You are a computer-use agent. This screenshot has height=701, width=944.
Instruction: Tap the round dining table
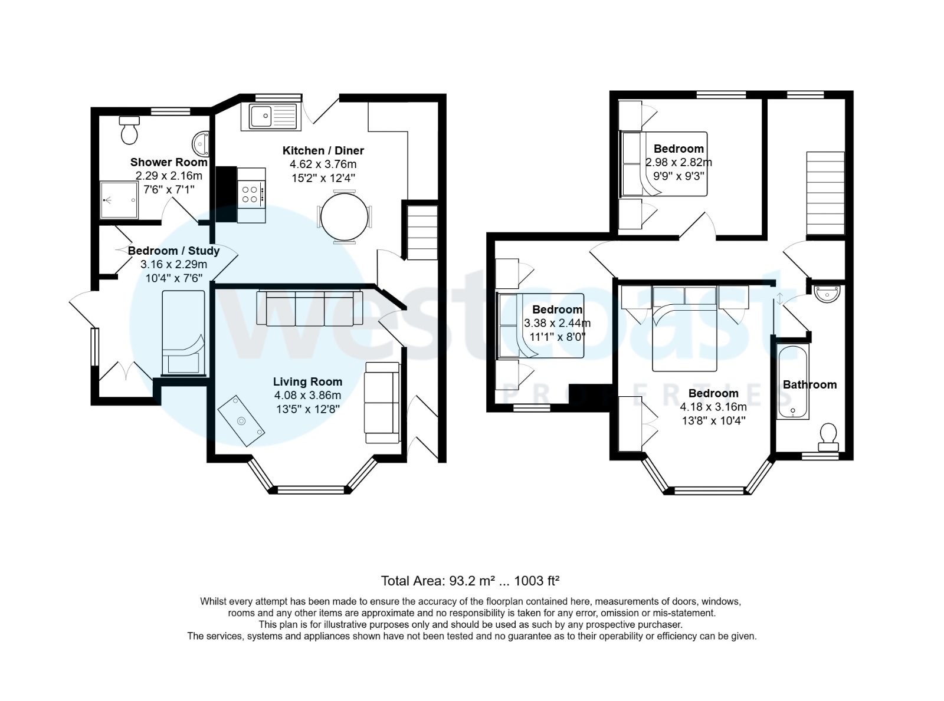(x=343, y=217)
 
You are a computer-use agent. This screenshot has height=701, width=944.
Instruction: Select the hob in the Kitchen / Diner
(x=251, y=194)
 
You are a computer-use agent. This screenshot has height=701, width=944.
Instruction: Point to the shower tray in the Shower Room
(x=119, y=200)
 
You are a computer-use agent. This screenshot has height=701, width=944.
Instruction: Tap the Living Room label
(x=307, y=381)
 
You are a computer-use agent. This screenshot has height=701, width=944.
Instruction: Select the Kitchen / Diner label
(x=323, y=150)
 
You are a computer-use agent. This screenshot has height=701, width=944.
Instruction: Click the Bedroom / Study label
(x=173, y=251)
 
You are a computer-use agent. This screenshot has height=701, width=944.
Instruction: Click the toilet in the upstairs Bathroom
(x=828, y=435)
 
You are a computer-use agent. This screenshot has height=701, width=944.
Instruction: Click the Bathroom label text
(x=809, y=384)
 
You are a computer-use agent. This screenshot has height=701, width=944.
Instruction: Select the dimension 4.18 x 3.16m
(x=713, y=407)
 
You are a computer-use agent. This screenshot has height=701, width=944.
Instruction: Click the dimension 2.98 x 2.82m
(x=678, y=162)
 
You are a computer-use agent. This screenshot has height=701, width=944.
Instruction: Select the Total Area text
(x=470, y=581)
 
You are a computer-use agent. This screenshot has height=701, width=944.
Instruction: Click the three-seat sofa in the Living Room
(x=309, y=308)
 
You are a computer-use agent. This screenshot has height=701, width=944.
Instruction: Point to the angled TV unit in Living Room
(x=240, y=419)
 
